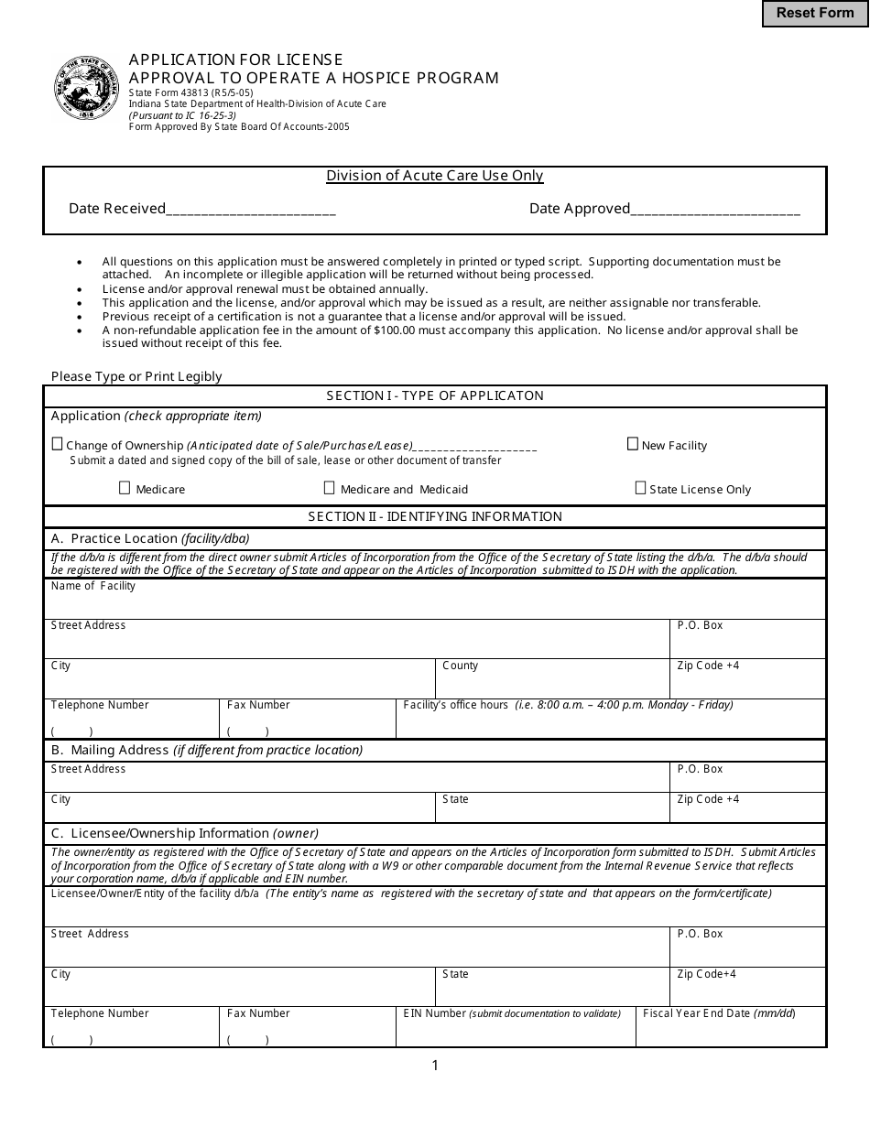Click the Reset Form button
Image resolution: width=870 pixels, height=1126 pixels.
tap(815, 13)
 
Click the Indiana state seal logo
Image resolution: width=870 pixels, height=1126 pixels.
tap(86, 88)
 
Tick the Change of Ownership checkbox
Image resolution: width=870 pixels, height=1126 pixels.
tap(58, 444)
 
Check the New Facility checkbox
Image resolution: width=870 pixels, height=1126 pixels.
tap(632, 444)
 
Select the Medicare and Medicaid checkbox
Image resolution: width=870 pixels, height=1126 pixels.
tap(330, 488)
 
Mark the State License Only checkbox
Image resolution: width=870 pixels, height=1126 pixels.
tap(640, 488)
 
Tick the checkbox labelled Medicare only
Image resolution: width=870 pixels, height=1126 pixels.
tap(125, 488)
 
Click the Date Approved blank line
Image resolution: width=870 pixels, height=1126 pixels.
tap(715, 210)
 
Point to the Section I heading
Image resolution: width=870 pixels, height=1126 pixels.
tap(435, 395)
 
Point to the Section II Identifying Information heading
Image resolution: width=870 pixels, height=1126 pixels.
tap(435, 516)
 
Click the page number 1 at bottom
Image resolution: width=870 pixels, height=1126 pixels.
tap(435, 1065)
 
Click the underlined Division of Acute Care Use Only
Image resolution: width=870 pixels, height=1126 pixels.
tap(435, 176)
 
